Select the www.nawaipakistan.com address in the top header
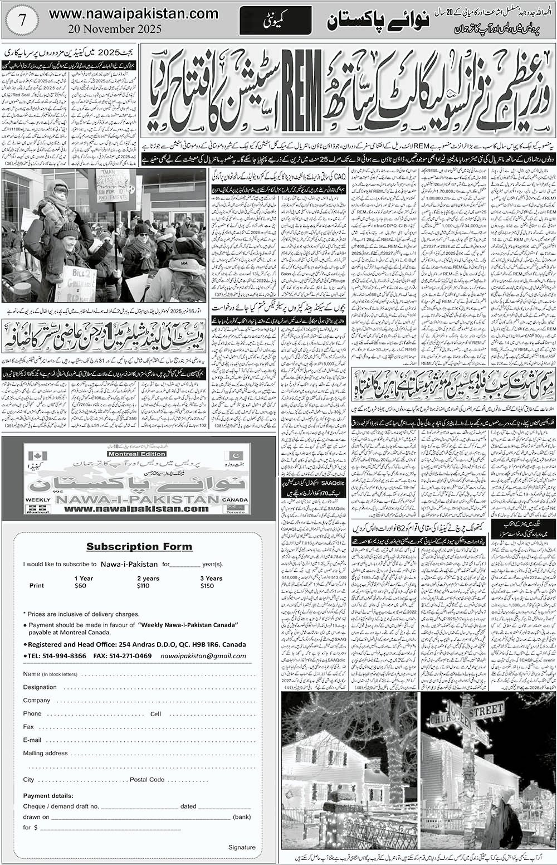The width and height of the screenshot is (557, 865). [x=133, y=11]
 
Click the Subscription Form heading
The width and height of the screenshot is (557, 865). [x=139, y=546]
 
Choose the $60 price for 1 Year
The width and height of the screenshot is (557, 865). [x=81, y=586]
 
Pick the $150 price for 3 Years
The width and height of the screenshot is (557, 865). [x=207, y=586]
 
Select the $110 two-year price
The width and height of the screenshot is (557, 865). [x=143, y=586]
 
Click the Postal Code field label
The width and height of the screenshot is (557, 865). [x=146, y=779]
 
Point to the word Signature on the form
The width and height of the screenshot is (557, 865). [x=242, y=847]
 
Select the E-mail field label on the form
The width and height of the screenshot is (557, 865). [x=32, y=740]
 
